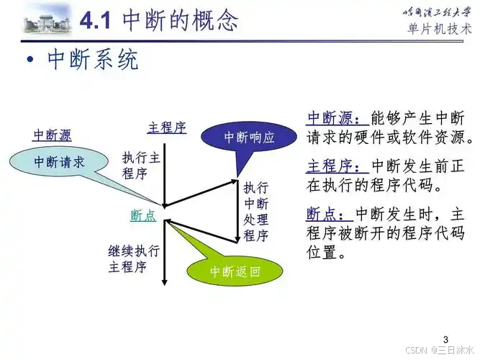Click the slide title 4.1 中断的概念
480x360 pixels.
pos(159,20)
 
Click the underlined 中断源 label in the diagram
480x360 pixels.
pos(53,135)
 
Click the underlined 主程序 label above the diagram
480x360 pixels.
pos(166,128)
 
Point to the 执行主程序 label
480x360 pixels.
pos(140,166)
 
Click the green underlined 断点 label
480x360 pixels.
pos(142,215)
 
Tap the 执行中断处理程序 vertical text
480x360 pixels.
pos(255,210)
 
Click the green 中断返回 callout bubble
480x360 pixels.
pos(234,272)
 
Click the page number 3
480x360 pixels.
pos(445,339)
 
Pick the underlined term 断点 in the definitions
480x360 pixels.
pos(325,215)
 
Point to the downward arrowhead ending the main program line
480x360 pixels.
pos(165,282)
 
